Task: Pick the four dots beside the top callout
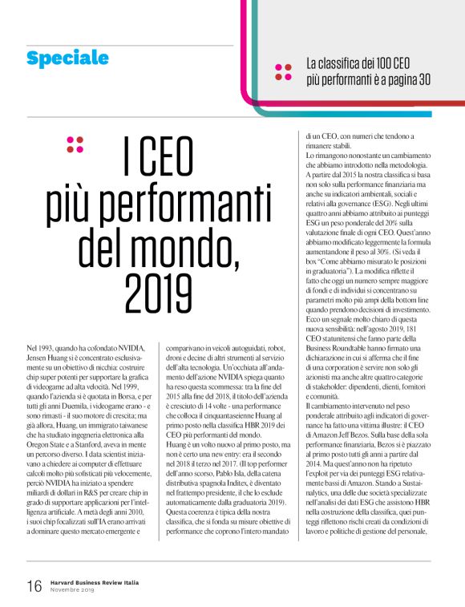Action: click(x=283, y=71)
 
